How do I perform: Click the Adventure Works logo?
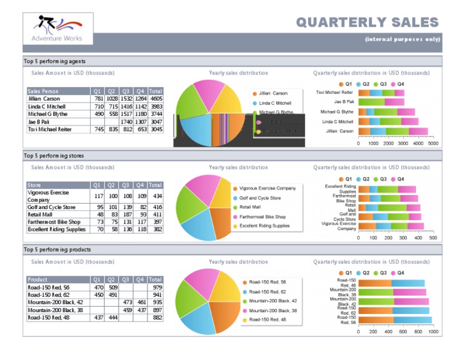pyautogui.click(x=59, y=28)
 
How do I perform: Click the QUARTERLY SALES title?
pyautogui.click(x=367, y=22)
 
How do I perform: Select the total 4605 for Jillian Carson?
pyautogui.click(x=156, y=99)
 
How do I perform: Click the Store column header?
pyautogui.click(x=35, y=185)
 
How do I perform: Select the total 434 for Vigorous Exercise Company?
pyautogui.click(x=157, y=196)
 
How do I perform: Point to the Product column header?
pyautogui.click(x=38, y=279)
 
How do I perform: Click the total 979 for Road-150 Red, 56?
pyautogui.click(x=157, y=287)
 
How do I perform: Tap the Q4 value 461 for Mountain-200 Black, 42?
pyautogui.click(x=141, y=302)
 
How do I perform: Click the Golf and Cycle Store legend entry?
pyautogui.click(x=260, y=198)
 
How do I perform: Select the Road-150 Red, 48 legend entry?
pyautogui.click(x=267, y=319)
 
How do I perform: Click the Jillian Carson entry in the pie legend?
pyautogui.click(x=273, y=93)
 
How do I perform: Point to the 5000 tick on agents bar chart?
pyautogui.click(x=433, y=144)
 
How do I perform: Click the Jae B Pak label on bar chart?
pyautogui.click(x=344, y=102)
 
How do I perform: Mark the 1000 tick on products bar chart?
pyautogui.click(x=432, y=332)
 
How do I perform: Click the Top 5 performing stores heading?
pyautogui.click(x=54, y=155)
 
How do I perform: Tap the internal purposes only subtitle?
pyautogui.click(x=402, y=39)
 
